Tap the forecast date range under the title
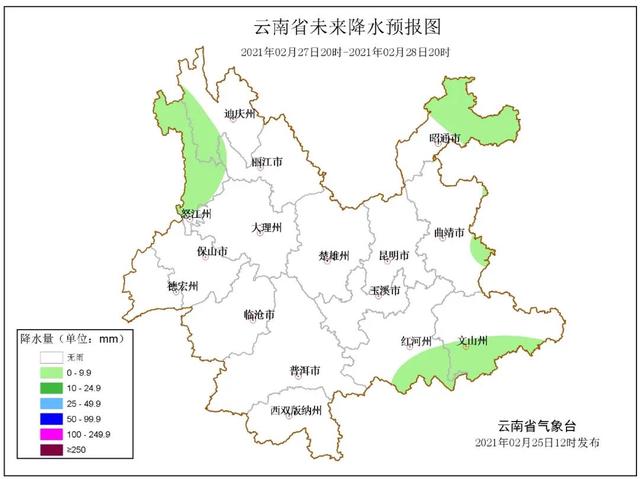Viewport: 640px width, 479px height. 345,51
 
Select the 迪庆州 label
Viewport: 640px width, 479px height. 240,114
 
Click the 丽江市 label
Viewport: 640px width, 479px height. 266,161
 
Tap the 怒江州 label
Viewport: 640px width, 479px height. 196,213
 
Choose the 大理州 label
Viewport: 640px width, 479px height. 267,228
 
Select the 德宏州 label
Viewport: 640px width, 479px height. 182,286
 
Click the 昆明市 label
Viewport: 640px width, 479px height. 394,256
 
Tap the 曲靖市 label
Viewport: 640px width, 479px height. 450,232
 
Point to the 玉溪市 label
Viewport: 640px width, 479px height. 385,291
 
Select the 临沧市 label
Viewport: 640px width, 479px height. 259,315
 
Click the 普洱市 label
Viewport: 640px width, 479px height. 304,370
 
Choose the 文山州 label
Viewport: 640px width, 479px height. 472,341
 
